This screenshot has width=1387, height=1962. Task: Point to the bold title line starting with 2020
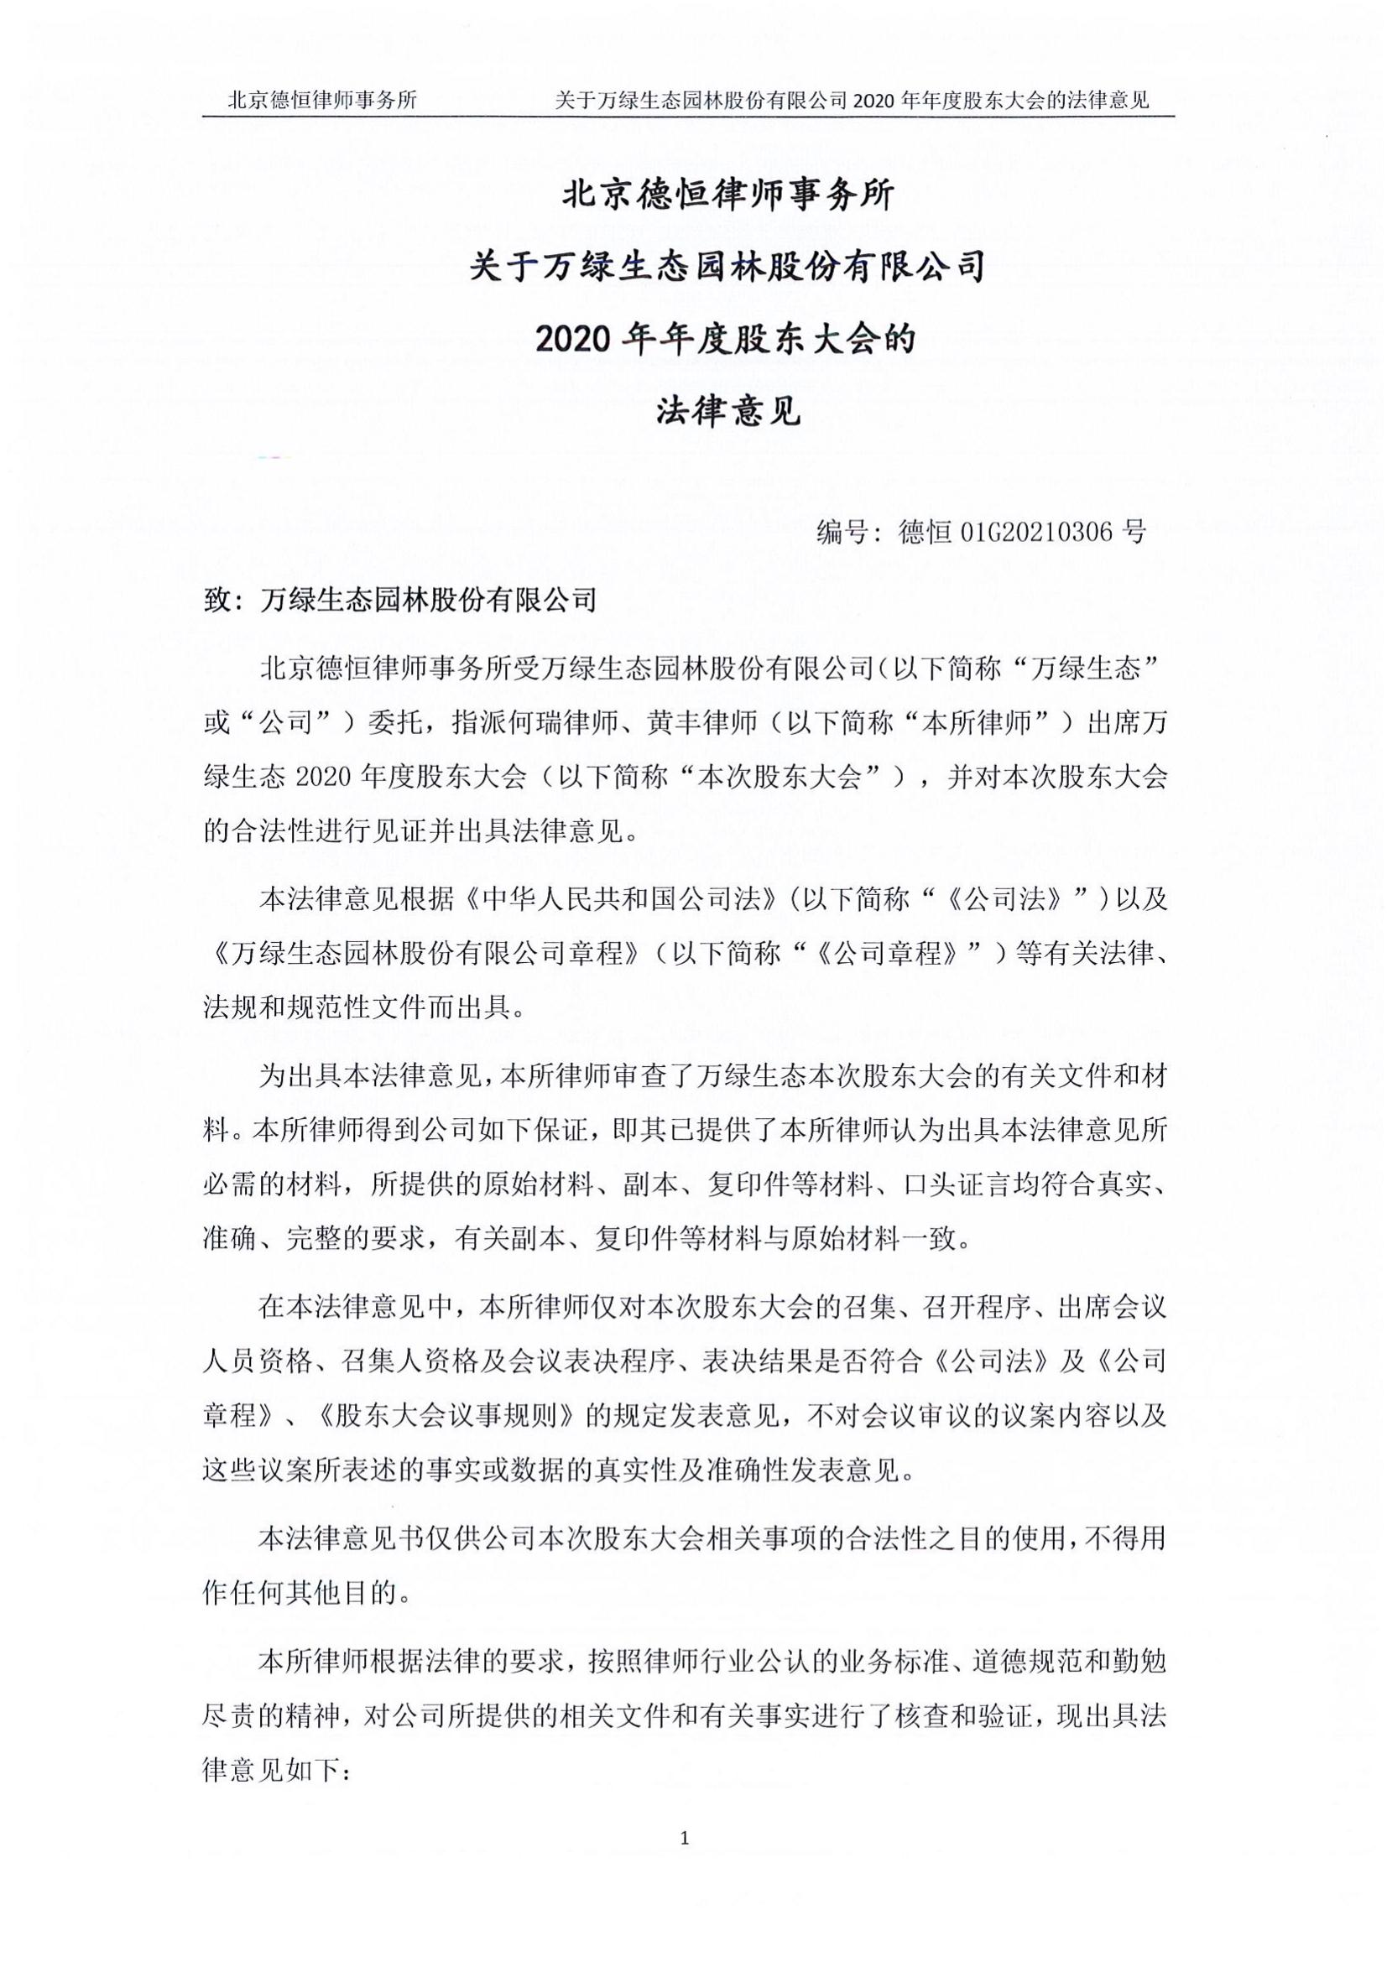click(x=725, y=339)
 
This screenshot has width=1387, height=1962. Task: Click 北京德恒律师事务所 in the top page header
click(x=322, y=101)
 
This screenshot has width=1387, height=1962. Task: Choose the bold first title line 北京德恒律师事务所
click(x=727, y=195)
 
